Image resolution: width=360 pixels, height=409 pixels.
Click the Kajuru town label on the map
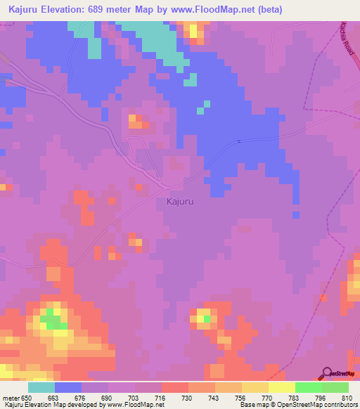click(x=180, y=202)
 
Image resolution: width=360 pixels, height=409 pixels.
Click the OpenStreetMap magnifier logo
click(x=327, y=372)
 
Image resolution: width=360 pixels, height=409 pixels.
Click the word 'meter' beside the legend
click(x=11, y=397)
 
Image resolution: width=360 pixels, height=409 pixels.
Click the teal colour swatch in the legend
click(x=41, y=387)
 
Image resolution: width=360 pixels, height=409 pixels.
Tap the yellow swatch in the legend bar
click(x=281, y=387)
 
